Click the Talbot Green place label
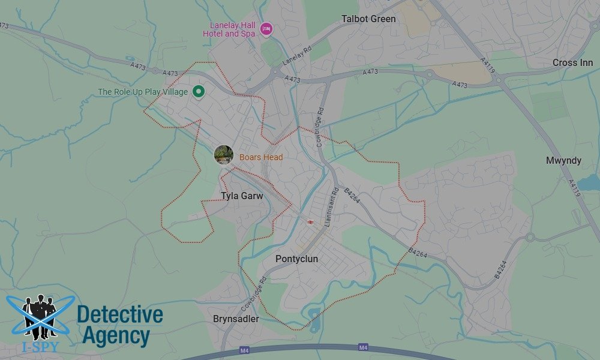(x=368, y=19)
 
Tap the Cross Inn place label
(x=572, y=63)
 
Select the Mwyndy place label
(x=563, y=161)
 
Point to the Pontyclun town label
(x=296, y=259)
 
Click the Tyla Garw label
(x=242, y=196)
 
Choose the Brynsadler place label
(x=236, y=319)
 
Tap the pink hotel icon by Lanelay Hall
(x=266, y=29)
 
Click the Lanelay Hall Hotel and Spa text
(x=232, y=29)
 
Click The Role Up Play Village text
(x=143, y=92)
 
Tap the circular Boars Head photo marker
(x=224, y=155)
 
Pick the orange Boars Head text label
(x=261, y=158)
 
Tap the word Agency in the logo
(x=115, y=336)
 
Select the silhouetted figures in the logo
(x=40, y=315)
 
